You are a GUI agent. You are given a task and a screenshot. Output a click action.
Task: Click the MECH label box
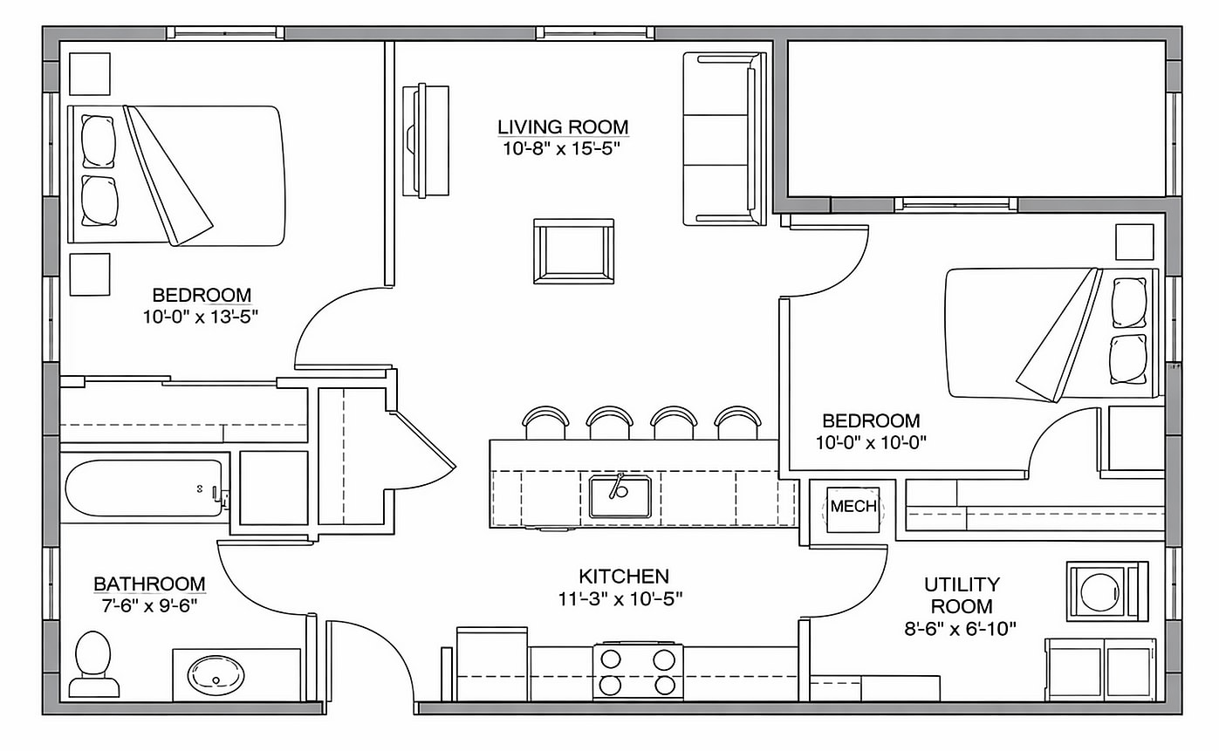point(853,507)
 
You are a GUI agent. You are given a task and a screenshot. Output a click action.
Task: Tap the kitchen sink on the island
point(620,496)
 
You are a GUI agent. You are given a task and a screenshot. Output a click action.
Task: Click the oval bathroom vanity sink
point(216,675)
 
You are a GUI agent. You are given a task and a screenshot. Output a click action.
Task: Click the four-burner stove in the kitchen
point(638,671)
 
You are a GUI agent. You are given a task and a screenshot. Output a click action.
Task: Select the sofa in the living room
point(723,139)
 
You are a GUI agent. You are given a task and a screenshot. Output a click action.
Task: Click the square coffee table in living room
point(573,251)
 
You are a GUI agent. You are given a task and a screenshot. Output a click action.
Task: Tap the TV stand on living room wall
point(426,140)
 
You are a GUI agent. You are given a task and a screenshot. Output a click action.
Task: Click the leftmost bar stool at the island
point(545,423)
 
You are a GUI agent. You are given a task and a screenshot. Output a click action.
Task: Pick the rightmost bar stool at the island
point(738,423)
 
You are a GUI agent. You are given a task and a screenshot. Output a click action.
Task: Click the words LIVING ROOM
point(563,127)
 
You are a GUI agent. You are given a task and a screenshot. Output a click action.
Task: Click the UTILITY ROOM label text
point(962,594)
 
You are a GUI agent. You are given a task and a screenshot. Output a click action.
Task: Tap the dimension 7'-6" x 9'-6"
point(149,604)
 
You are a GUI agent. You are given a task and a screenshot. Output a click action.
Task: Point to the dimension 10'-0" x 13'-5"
point(202,317)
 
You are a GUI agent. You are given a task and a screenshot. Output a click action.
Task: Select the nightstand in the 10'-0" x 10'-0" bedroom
point(1134,242)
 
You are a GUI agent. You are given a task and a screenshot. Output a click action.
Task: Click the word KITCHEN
point(623,576)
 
